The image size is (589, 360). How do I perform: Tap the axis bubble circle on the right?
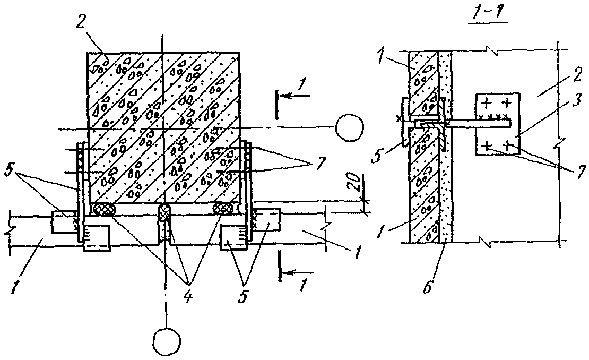coord(350,127)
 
